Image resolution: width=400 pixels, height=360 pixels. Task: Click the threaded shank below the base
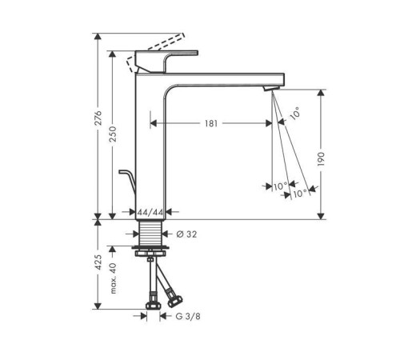pos(150,235)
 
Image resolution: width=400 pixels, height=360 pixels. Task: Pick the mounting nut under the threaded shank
pos(150,255)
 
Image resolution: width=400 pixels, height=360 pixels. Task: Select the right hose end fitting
pos(170,302)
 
